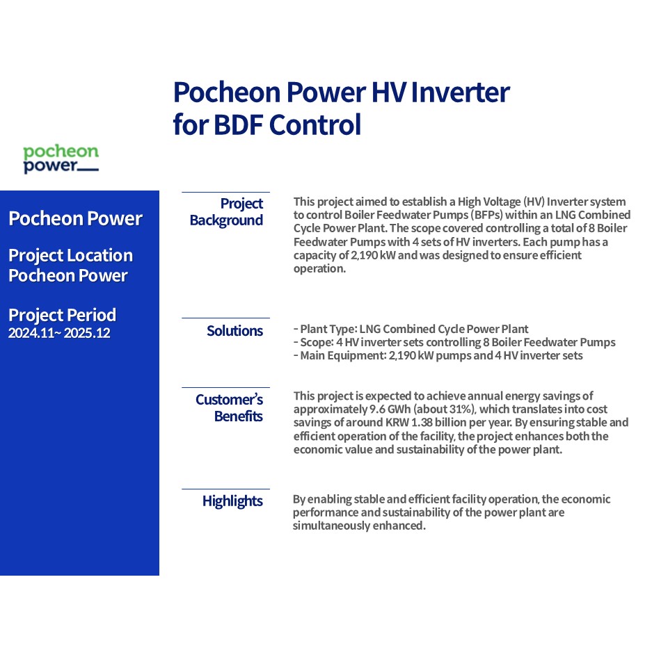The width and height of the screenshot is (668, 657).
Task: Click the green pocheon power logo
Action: (x=61, y=159)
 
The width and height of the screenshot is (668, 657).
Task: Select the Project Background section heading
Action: (x=226, y=212)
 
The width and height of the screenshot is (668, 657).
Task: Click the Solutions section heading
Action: (x=234, y=331)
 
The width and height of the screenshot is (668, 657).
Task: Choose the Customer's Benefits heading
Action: (x=229, y=407)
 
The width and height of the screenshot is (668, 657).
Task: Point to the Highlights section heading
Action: (x=232, y=501)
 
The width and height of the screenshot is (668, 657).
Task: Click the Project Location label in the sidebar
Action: (x=71, y=256)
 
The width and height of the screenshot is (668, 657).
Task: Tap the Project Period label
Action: (x=62, y=316)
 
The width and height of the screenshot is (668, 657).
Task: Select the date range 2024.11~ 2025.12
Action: (x=59, y=333)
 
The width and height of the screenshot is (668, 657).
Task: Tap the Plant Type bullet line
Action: (x=411, y=329)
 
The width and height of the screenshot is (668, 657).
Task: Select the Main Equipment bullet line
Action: (x=438, y=355)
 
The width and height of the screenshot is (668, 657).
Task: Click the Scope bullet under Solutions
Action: (x=454, y=342)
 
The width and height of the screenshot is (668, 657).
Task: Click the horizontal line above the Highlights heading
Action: (x=225, y=489)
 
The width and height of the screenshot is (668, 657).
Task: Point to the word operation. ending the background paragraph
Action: (x=319, y=269)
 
